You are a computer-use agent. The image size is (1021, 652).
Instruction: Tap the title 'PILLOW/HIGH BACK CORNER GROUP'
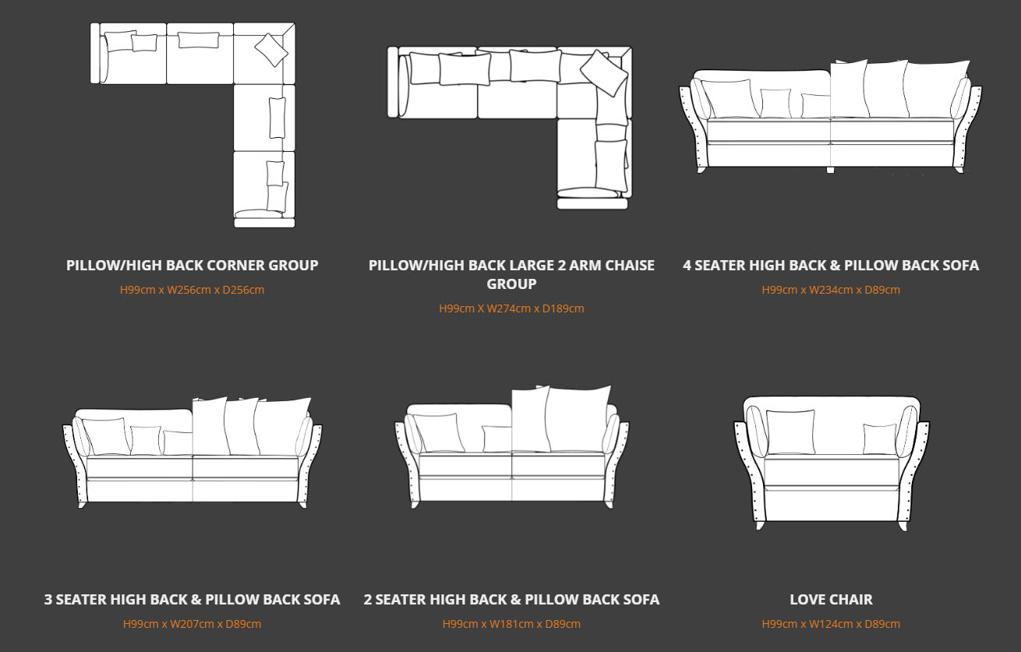click(193, 266)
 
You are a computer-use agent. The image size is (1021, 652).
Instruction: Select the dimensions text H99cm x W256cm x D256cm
click(193, 290)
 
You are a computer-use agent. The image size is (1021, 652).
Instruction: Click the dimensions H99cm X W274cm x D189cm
click(511, 308)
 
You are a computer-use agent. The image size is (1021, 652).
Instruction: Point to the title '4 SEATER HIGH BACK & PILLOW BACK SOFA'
click(831, 266)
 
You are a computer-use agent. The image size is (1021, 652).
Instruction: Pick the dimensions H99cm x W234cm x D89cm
click(831, 290)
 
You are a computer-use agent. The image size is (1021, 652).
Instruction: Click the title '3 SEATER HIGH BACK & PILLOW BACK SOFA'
click(193, 600)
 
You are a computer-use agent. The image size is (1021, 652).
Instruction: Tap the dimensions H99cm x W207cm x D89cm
click(193, 624)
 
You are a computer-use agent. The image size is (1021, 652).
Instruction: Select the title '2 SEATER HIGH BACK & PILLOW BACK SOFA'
click(511, 600)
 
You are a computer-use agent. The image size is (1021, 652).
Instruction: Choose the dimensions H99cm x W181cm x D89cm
click(511, 624)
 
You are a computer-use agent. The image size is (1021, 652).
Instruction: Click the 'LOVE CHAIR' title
click(831, 600)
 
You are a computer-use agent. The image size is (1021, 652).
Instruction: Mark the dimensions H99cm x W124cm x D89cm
click(831, 624)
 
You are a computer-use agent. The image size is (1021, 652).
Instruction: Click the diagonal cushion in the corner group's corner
click(271, 49)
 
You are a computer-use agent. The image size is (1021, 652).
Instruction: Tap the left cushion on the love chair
click(790, 432)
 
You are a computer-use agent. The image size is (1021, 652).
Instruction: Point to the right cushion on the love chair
click(880, 439)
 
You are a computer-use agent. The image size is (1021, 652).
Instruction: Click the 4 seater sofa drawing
click(831, 117)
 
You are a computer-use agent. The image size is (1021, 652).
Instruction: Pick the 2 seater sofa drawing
click(511, 448)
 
